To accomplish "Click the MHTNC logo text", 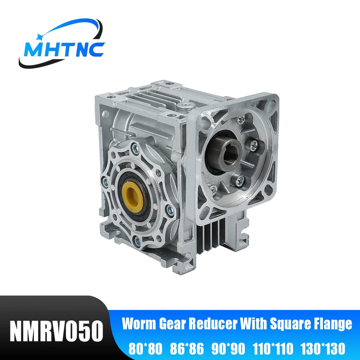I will [x=64, y=50].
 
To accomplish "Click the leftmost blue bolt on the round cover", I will [x=104, y=180].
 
